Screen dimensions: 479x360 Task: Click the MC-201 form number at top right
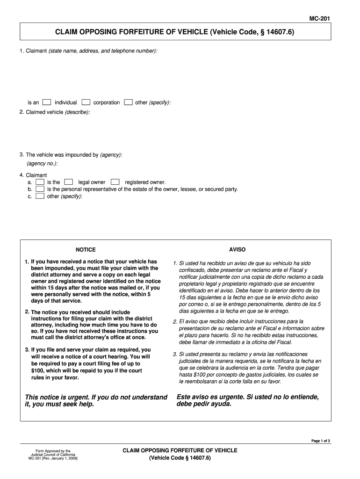pos(320,19)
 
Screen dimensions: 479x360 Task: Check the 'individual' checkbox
pos(47,102)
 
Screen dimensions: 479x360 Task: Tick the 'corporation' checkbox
pos(86,102)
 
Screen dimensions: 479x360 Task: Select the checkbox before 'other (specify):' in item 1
pos(129,102)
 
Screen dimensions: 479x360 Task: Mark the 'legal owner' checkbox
pos(69,182)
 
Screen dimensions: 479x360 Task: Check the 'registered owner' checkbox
pos(115,182)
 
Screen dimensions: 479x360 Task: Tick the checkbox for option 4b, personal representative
pos(40,189)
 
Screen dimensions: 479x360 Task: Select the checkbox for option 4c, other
pos(40,196)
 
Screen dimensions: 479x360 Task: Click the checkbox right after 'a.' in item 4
pos(40,182)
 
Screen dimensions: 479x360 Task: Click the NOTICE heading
pos(86,250)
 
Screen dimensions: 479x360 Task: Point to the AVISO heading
pos(237,249)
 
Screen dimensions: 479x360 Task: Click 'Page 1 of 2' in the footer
pos(321,441)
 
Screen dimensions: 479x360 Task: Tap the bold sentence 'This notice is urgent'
pos(96,400)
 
